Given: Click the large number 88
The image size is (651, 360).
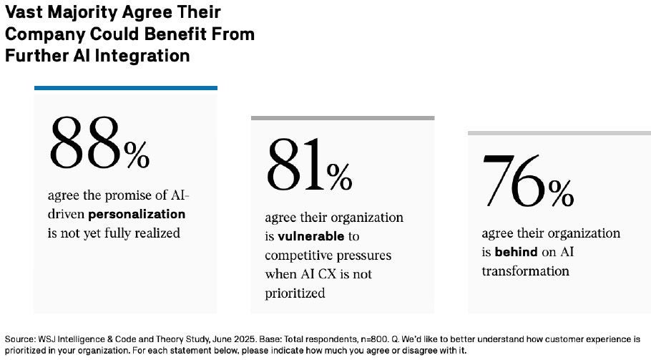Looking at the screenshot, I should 84,141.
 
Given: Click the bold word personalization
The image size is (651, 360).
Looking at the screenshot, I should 137,214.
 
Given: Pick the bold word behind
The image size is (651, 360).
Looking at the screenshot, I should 510,253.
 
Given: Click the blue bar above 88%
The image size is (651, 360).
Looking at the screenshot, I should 126,88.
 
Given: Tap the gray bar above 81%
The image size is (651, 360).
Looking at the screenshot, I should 343,118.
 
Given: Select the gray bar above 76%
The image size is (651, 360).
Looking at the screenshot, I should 559,133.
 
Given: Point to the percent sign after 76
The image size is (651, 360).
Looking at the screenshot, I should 562,192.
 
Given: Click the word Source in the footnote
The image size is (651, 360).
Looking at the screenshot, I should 19,339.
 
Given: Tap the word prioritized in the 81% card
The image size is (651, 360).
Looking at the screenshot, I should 295,293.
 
